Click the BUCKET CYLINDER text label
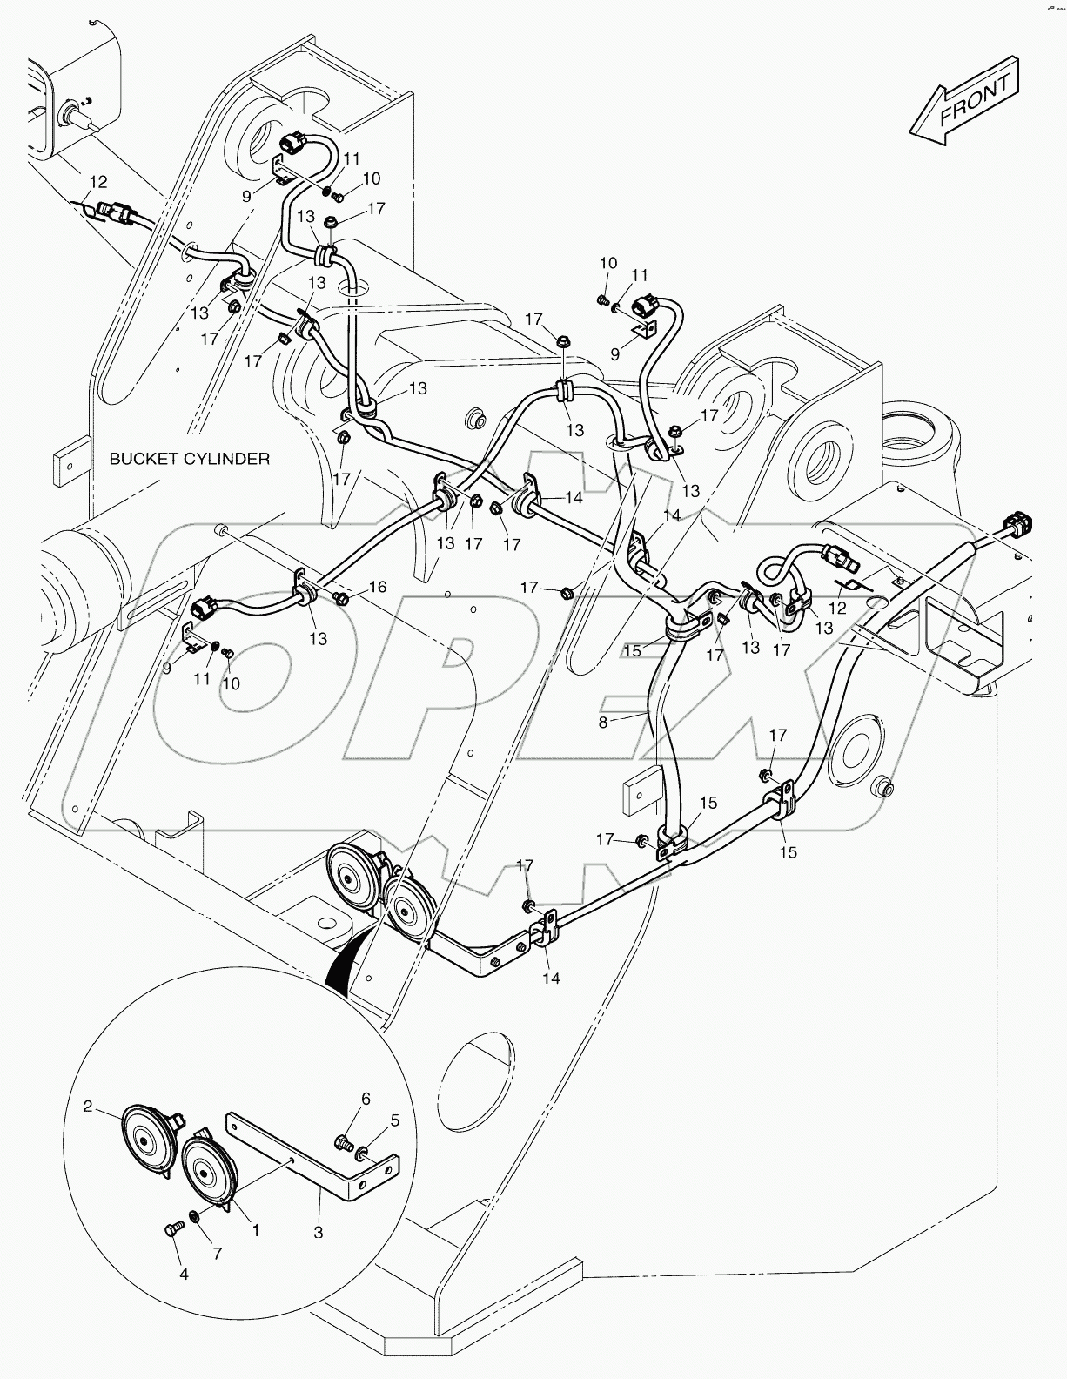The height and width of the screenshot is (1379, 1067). [190, 458]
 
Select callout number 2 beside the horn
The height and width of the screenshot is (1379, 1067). [87, 1107]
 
